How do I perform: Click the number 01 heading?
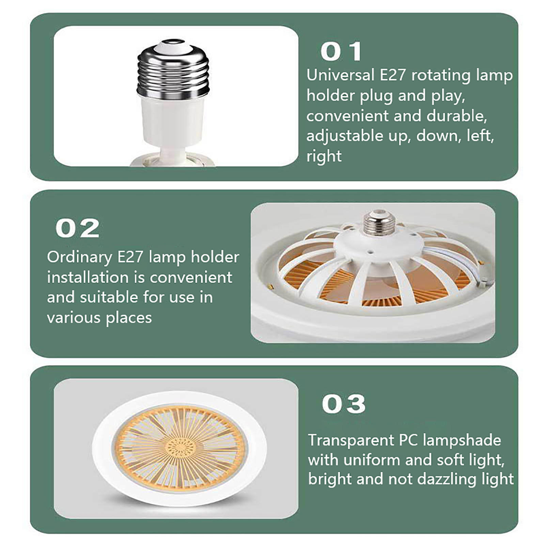click(x=341, y=52)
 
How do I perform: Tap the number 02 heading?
click(x=77, y=228)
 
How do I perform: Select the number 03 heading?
click(x=344, y=404)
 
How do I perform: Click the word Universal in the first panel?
click(x=340, y=75)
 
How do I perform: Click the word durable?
click(x=457, y=116)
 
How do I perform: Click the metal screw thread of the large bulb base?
click(x=173, y=72)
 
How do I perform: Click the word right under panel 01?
click(x=324, y=157)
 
